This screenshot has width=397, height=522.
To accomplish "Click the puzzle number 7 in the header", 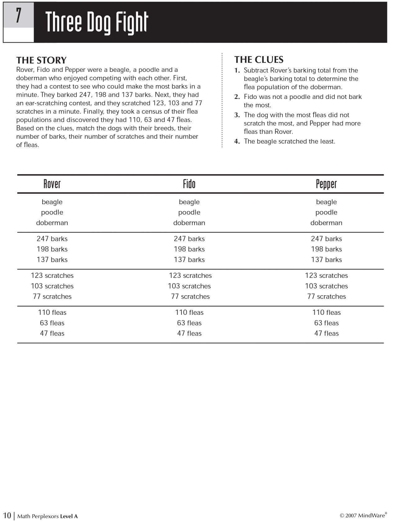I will click(19, 16).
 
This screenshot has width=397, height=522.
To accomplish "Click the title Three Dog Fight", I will click(97, 22).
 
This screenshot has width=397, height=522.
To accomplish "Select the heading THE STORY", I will click(41, 60).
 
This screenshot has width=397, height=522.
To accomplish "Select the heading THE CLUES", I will click(259, 60).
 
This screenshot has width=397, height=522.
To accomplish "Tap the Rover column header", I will click(52, 184).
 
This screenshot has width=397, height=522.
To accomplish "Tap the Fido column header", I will click(189, 184).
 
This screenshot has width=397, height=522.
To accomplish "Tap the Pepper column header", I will click(326, 184).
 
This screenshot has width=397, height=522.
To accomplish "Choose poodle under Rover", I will click(52, 212).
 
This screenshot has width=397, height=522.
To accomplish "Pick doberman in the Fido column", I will click(189, 223).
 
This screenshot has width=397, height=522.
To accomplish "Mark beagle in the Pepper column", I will click(326, 202).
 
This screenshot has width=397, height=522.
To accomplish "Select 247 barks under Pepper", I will click(326, 239).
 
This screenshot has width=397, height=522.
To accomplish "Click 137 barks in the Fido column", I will click(189, 260).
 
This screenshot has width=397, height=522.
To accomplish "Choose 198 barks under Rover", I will click(52, 249).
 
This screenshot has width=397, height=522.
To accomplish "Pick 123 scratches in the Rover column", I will click(52, 276).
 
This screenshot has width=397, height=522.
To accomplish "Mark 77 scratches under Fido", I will click(190, 297).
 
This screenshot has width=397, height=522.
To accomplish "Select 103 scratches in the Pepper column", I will click(326, 286).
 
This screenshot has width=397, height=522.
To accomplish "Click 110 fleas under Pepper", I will click(326, 313).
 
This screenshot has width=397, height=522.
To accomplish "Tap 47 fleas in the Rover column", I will click(52, 333).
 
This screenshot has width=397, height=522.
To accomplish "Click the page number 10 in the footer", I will click(7, 515).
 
